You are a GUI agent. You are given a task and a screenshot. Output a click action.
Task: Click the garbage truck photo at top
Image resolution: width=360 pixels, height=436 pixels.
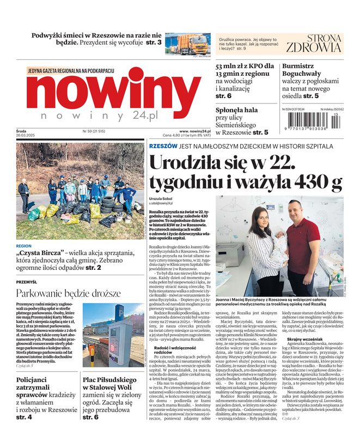click(187, 44)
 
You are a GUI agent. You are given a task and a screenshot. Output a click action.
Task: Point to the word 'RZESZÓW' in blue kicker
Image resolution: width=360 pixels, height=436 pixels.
click(163, 146)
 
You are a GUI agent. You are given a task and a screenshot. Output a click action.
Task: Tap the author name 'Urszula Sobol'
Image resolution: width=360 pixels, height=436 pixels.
click(161, 200)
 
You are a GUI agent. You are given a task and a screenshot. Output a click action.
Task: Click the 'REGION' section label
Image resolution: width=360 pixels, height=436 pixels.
click(24, 246)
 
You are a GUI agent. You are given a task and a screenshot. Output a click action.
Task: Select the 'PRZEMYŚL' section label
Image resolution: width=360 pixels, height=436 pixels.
click(27, 282)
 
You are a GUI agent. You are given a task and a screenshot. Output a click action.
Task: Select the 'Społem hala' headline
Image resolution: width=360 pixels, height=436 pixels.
click(237, 110)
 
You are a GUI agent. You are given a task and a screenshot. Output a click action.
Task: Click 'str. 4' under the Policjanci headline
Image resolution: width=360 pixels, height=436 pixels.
click(24, 417)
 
